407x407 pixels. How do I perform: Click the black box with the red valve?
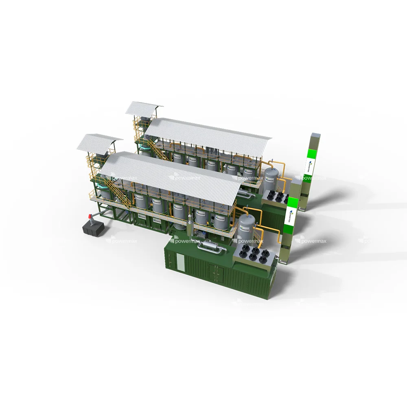[x=92, y=228]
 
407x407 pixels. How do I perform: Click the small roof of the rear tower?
[x=144, y=107]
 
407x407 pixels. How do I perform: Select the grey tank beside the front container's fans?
[x=246, y=226]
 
